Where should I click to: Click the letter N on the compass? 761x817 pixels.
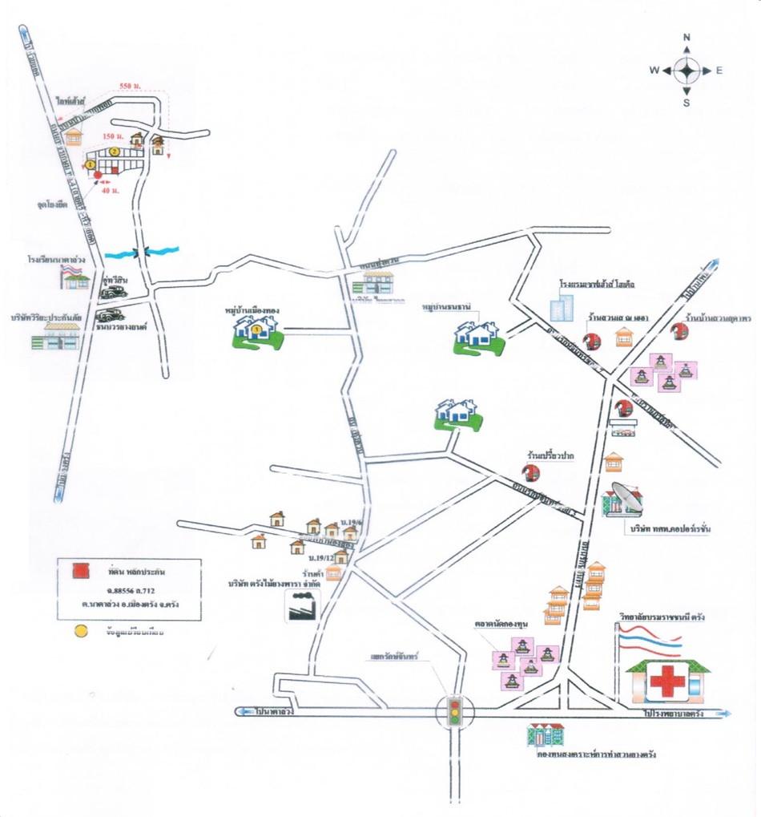pos(687,38)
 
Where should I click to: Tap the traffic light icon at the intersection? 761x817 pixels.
pos(454,711)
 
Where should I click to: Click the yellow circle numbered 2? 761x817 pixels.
pos(115,152)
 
